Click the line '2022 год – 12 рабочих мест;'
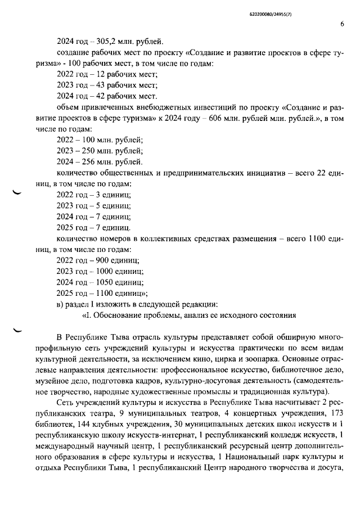[107, 74]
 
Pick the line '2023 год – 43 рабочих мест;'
[107, 85]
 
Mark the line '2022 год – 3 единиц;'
[94, 195]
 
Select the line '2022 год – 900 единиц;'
[98, 260]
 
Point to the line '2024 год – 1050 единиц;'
[101, 282]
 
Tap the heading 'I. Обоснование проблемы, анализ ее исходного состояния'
[189, 315]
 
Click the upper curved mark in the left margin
[17, 193]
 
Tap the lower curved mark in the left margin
[17, 331]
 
